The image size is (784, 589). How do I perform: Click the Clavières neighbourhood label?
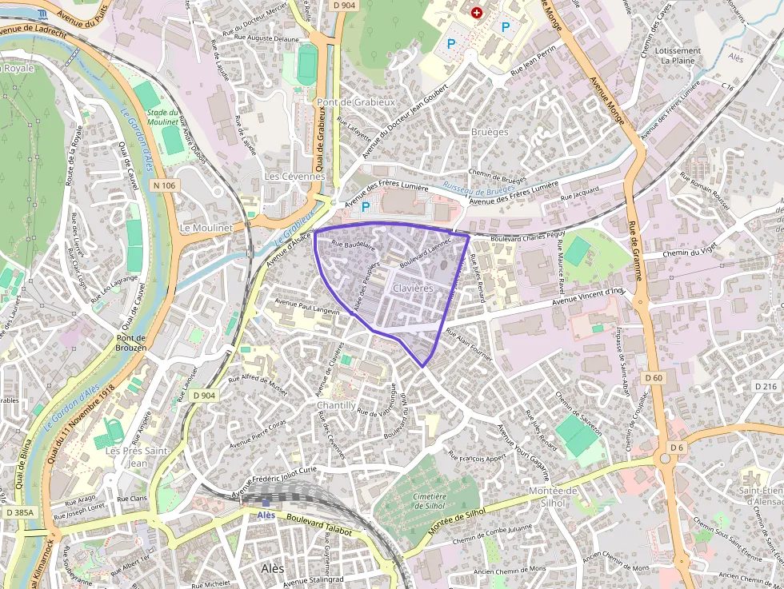point(413,288)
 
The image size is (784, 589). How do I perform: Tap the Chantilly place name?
point(337,405)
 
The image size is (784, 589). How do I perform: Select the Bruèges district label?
point(490,132)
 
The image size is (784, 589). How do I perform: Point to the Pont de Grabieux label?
point(356,102)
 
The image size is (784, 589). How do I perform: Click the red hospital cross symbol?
point(478,13)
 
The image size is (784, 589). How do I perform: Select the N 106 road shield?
point(162,185)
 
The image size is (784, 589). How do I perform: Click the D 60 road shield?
point(653,377)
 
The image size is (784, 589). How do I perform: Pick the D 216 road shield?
point(766,387)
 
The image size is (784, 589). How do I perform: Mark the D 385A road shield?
point(19,511)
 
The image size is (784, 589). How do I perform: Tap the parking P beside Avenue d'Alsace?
point(366,207)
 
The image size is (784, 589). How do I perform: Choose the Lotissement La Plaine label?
point(678,55)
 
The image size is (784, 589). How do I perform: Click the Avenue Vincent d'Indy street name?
point(589,296)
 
